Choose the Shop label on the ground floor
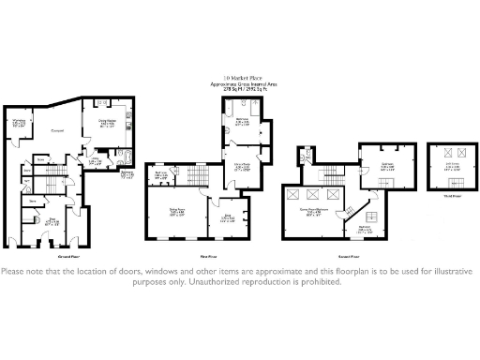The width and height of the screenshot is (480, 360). pyautogui.click(x=52, y=223)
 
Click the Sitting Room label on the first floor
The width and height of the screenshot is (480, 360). pyautogui.click(x=175, y=212)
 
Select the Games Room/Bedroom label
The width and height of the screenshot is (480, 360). pyautogui.click(x=318, y=212)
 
